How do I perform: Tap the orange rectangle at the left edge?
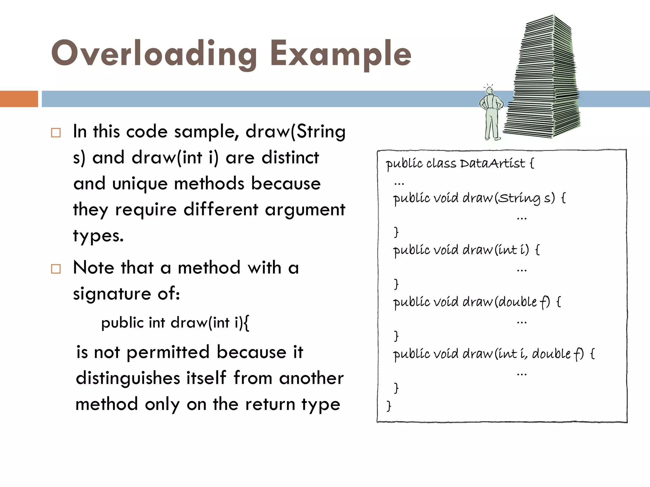click(x=19, y=99)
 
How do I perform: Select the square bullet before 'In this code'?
click(x=56, y=133)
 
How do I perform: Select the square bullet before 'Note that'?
click(x=56, y=269)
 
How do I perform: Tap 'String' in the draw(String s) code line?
click(x=519, y=198)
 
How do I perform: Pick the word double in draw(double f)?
click(x=517, y=302)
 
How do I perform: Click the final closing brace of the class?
click(x=389, y=406)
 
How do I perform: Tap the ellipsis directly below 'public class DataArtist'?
click(x=399, y=183)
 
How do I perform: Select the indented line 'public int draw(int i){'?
click(x=175, y=323)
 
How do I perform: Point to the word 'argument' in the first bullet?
click(x=305, y=210)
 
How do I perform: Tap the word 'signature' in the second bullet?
click(x=112, y=294)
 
